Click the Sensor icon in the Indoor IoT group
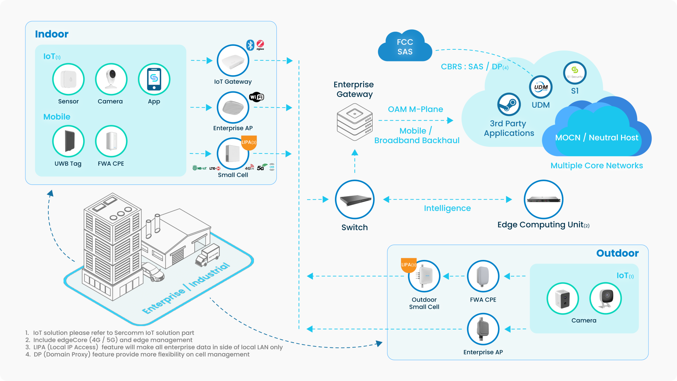tap(68, 79)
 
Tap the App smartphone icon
tap(154, 79)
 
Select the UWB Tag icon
tap(68, 141)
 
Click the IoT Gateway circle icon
tap(233, 61)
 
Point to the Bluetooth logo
tap(250, 45)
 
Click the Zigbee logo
tap(260, 44)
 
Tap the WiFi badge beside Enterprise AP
tap(257, 97)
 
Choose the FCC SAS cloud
tap(405, 47)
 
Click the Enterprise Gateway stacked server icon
tap(354, 122)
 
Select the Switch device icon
tap(354, 200)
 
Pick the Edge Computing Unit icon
tap(543, 200)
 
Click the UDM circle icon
tap(541, 87)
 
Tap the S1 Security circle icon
tap(575, 73)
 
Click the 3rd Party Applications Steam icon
tap(509, 105)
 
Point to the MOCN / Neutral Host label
tap(597, 138)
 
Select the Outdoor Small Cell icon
tap(424, 276)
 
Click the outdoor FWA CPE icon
tap(483, 276)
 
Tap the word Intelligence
tap(447, 208)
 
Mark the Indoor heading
tap(51, 34)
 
